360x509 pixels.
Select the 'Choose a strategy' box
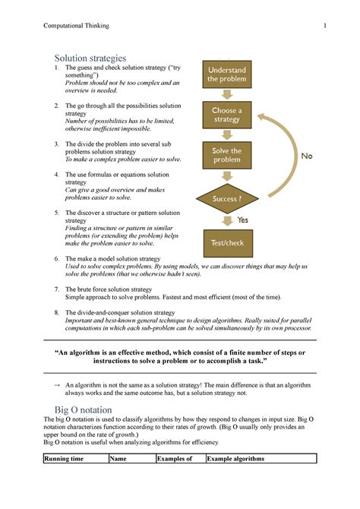226,115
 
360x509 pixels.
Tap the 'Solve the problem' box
226,156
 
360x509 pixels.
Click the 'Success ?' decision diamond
226,199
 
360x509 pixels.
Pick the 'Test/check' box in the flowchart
226,242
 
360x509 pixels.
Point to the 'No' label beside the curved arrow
307,156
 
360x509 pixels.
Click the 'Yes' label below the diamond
243,220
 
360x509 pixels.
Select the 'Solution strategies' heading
90,58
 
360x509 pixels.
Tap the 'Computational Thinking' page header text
76,26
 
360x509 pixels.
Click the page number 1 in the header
324,26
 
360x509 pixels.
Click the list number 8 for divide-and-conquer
56,312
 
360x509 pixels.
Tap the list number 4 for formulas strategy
56,174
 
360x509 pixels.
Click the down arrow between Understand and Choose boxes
226,95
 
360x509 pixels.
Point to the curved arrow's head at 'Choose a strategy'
261,116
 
